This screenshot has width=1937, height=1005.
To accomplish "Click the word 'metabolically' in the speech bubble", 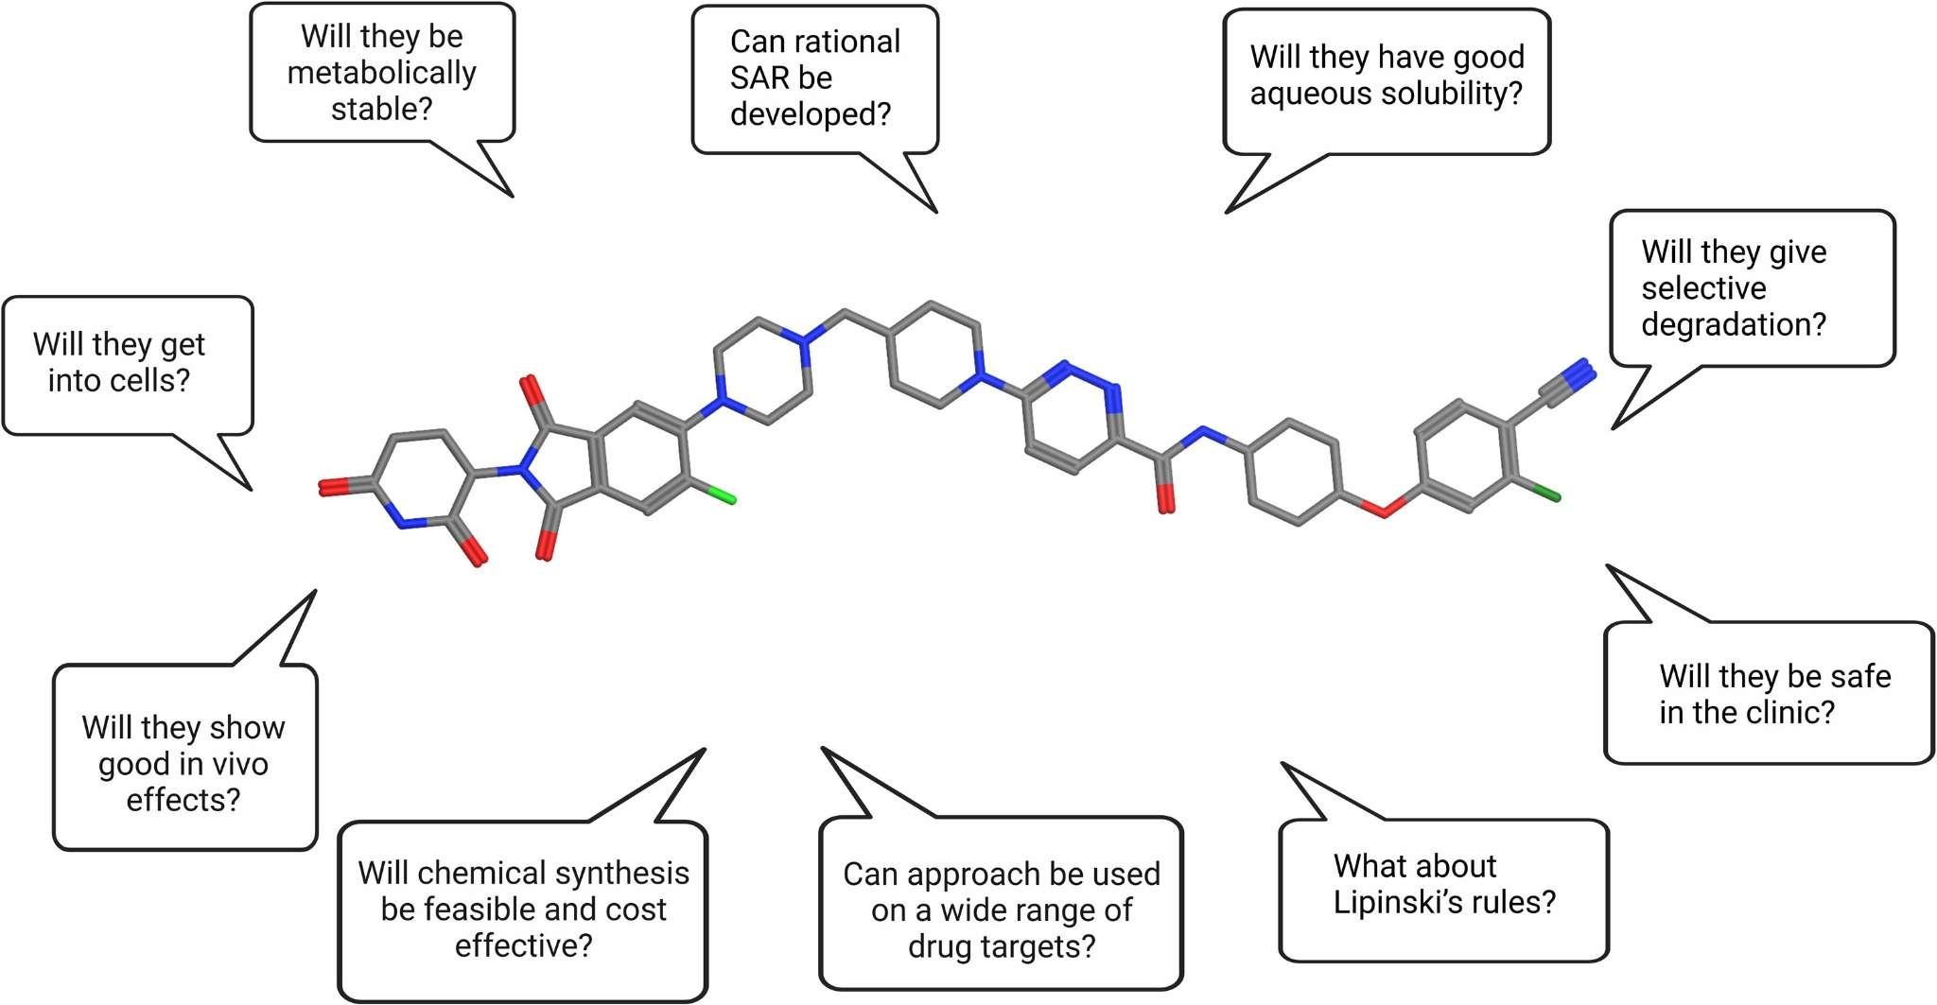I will point(381,73).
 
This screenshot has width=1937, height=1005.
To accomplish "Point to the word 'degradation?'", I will point(1733,324).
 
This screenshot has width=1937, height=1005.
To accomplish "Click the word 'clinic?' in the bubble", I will point(1788,712).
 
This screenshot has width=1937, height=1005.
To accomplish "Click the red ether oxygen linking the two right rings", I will point(1383,511).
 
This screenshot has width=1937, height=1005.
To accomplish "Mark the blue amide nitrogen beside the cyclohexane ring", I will point(1204,435).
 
